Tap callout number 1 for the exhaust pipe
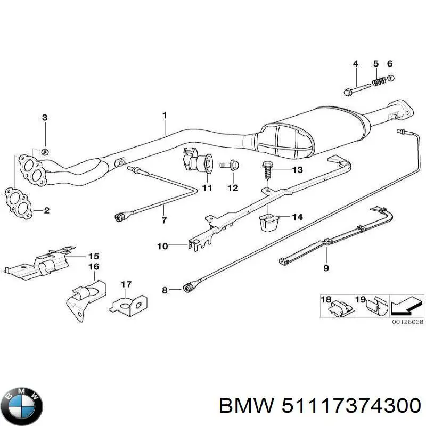point(165,115)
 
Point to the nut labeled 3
point(45,151)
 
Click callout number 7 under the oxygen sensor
point(163,220)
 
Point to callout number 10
point(162,245)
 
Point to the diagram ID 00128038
point(407,322)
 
